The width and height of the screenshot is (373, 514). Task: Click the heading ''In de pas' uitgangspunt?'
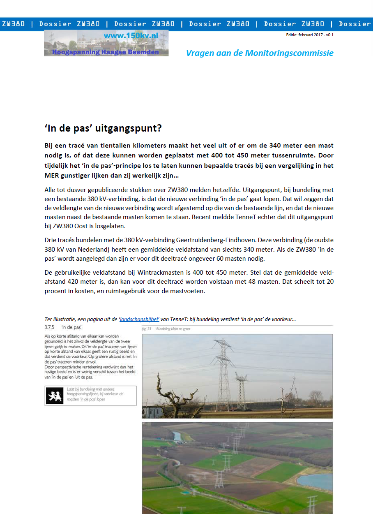click(103, 128)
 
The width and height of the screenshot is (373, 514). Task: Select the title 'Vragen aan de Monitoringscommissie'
click(260, 53)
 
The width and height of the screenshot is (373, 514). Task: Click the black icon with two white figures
click(55, 396)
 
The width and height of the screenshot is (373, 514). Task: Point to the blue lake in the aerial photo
click(316, 481)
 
